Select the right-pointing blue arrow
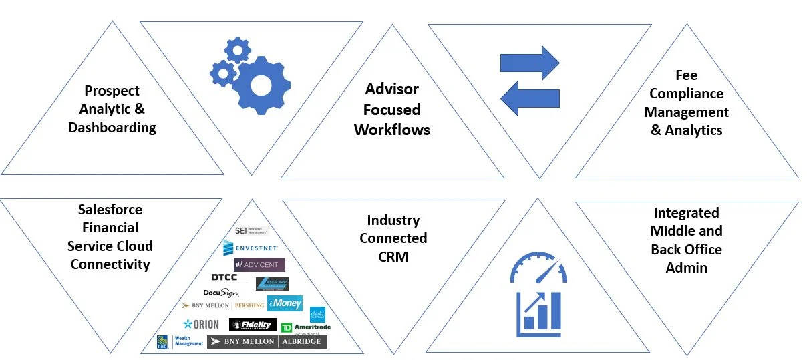point(529,62)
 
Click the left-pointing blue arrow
point(529,98)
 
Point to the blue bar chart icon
point(538,313)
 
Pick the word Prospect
point(112,90)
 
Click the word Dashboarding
point(112,127)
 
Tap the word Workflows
point(392,129)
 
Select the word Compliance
point(686,94)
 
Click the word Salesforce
point(110,210)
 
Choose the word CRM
point(393,256)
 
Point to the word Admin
point(686,267)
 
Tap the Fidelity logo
point(253,325)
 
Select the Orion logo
point(201,325)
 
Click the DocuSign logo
point(220,293)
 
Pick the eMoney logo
point(285,303)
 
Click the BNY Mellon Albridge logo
point(267,341)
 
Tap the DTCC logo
point(224,277)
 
